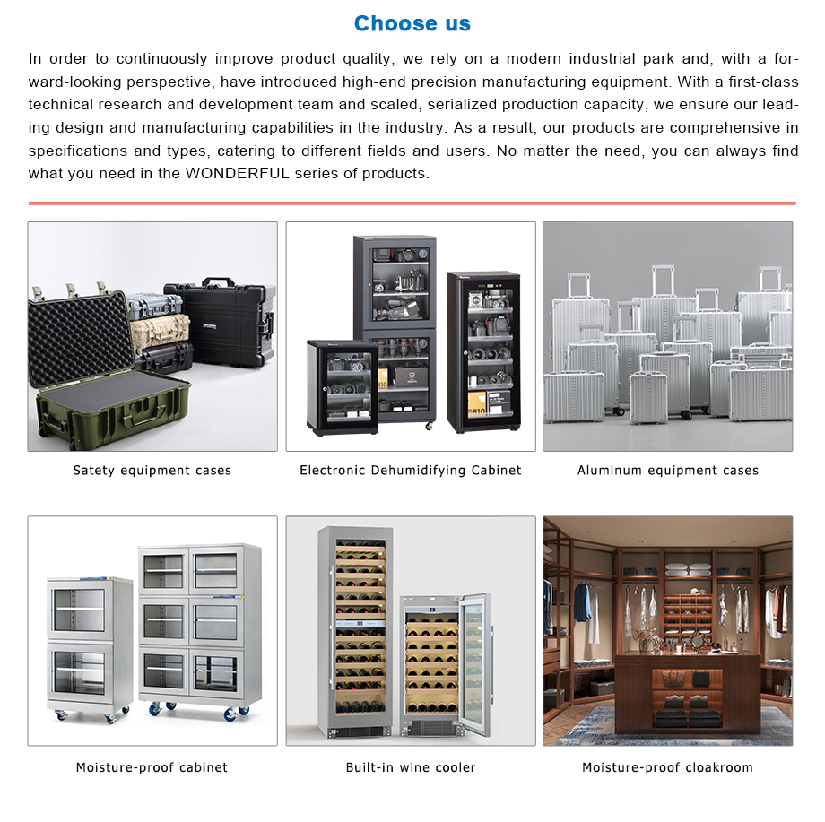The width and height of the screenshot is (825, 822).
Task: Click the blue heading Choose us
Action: (412, 23)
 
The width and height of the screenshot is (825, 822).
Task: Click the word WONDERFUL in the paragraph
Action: (238, 174)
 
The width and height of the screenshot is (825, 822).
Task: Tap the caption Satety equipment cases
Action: (152, 471)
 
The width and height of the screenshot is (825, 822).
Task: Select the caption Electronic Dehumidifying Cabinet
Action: (411, 471)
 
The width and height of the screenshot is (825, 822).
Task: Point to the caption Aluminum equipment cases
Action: (668, 471)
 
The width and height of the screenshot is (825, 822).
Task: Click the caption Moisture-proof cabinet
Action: (152, 767)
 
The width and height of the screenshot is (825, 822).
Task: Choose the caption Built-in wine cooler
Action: (411, 767)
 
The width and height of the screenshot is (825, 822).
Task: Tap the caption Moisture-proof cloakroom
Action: (667, 767)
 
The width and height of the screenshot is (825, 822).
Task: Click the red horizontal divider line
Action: (412, 203)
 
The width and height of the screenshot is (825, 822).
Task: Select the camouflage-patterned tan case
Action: (160, 330)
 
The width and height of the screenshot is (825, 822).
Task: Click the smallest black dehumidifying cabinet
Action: (343, 387)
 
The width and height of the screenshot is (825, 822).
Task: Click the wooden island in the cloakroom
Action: (688, 692)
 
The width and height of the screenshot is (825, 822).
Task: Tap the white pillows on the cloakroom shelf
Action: (688, 569)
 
